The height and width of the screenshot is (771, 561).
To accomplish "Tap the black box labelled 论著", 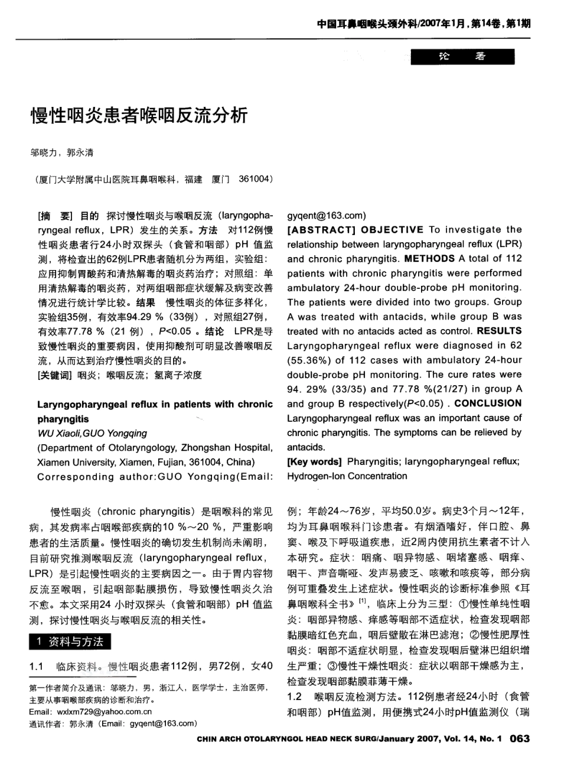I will (462, 57).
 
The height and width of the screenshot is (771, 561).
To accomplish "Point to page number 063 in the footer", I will (519, 754).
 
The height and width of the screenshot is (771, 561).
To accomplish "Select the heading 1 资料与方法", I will (70, 641).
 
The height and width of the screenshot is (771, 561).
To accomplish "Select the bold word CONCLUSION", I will (488, 404).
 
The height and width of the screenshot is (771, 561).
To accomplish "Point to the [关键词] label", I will (54, 375).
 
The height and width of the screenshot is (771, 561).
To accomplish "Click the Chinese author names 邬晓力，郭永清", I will (62, 152).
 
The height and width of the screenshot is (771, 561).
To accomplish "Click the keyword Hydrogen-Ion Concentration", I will (347, 476).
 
